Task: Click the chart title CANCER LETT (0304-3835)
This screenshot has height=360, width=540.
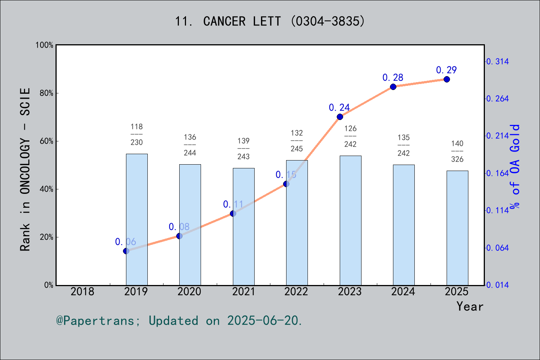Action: coord(270,21)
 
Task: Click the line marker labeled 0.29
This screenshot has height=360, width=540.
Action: coord(447,79)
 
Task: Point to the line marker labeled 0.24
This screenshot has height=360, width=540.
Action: coord(340,117)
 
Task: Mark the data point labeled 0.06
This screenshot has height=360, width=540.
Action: coord(126,251)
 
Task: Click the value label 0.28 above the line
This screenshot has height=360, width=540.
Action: coord(393,78)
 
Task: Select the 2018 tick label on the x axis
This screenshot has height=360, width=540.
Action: coord(82,291)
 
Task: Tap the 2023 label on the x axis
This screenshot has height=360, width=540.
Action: coord(350,291)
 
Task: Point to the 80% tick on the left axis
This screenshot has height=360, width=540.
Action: coord(46,93)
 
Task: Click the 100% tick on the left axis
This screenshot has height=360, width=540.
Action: coord(45,45)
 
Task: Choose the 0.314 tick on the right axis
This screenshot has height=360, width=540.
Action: coord(498,61)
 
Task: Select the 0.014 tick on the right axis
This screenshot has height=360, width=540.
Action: coord(498,285)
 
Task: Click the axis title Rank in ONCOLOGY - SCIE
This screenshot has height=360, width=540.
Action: coord(25,169)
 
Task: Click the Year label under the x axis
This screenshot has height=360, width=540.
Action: coord(470,306)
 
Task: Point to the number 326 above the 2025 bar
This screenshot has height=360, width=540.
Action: coord(457,159)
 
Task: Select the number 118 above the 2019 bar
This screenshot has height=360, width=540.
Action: coord(136,127)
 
